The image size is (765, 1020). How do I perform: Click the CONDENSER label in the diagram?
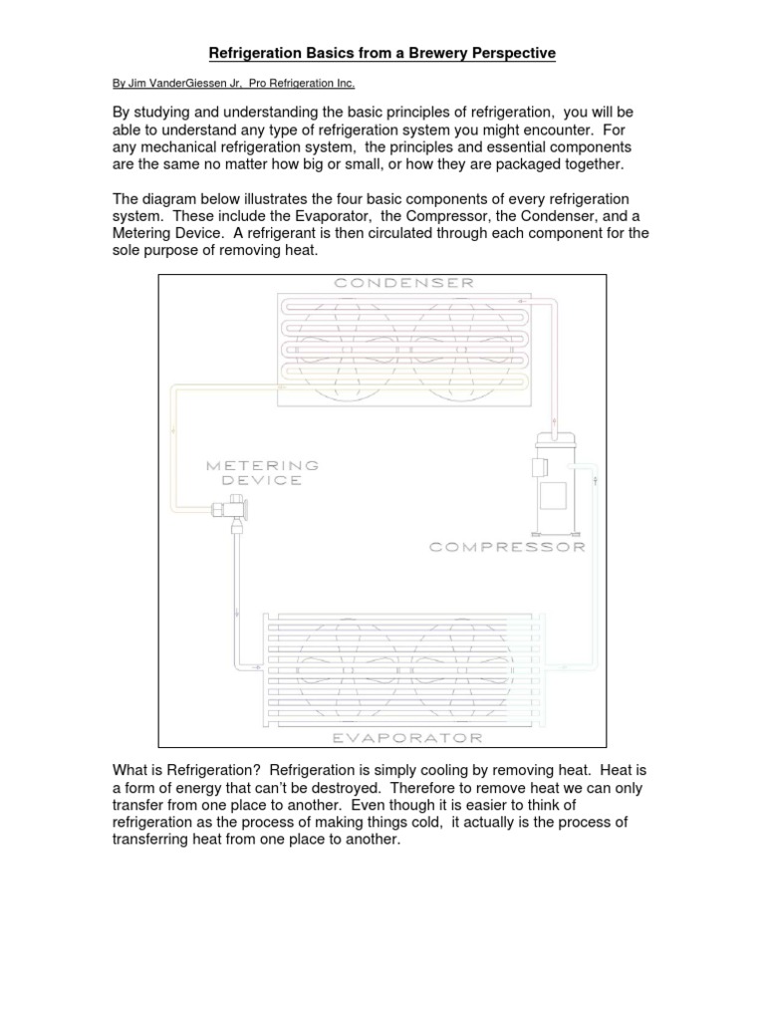click(x=389, y=284)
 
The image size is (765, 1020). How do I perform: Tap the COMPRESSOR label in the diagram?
click(x=507, y=546)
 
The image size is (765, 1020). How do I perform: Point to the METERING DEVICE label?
click(x=263, y=472)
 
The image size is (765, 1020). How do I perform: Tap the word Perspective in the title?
click(x=505, y=53)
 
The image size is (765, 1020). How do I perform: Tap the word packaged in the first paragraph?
click(x=544, y=163)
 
